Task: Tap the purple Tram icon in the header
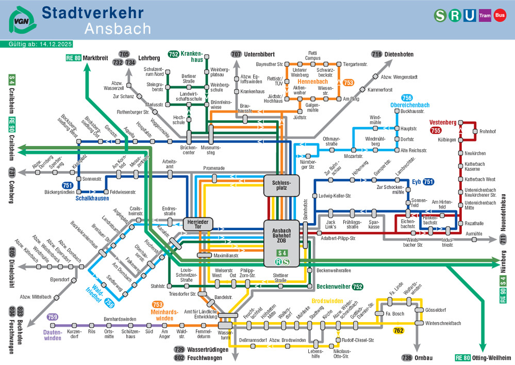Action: click(x=485, y=15)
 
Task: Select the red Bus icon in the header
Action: click(x=500, y=15)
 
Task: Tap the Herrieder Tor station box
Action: click(x=198, y=224)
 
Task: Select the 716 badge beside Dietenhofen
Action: click(x=376, y=54)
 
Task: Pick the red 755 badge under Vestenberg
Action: click(x=436, y=131)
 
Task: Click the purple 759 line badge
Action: click(x=52, y=317)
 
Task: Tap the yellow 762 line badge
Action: click(x=398, y=330)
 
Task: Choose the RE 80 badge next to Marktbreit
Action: click(x=73, y=58)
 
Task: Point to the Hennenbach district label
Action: click(x=313, y=82)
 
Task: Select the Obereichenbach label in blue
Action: click(x=410, y=105)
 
